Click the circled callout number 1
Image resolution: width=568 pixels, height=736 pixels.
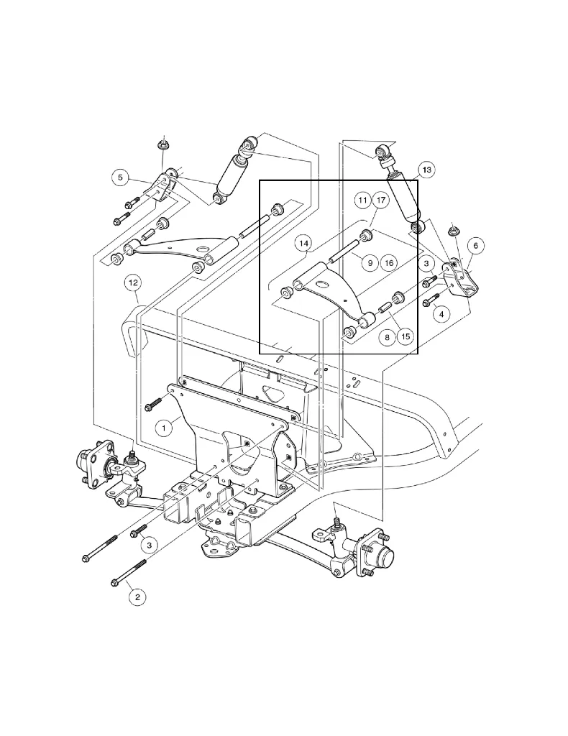coord(164,428)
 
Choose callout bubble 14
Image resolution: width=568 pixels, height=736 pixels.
coord(304,244)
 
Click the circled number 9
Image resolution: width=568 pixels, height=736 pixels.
coord(369,263)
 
